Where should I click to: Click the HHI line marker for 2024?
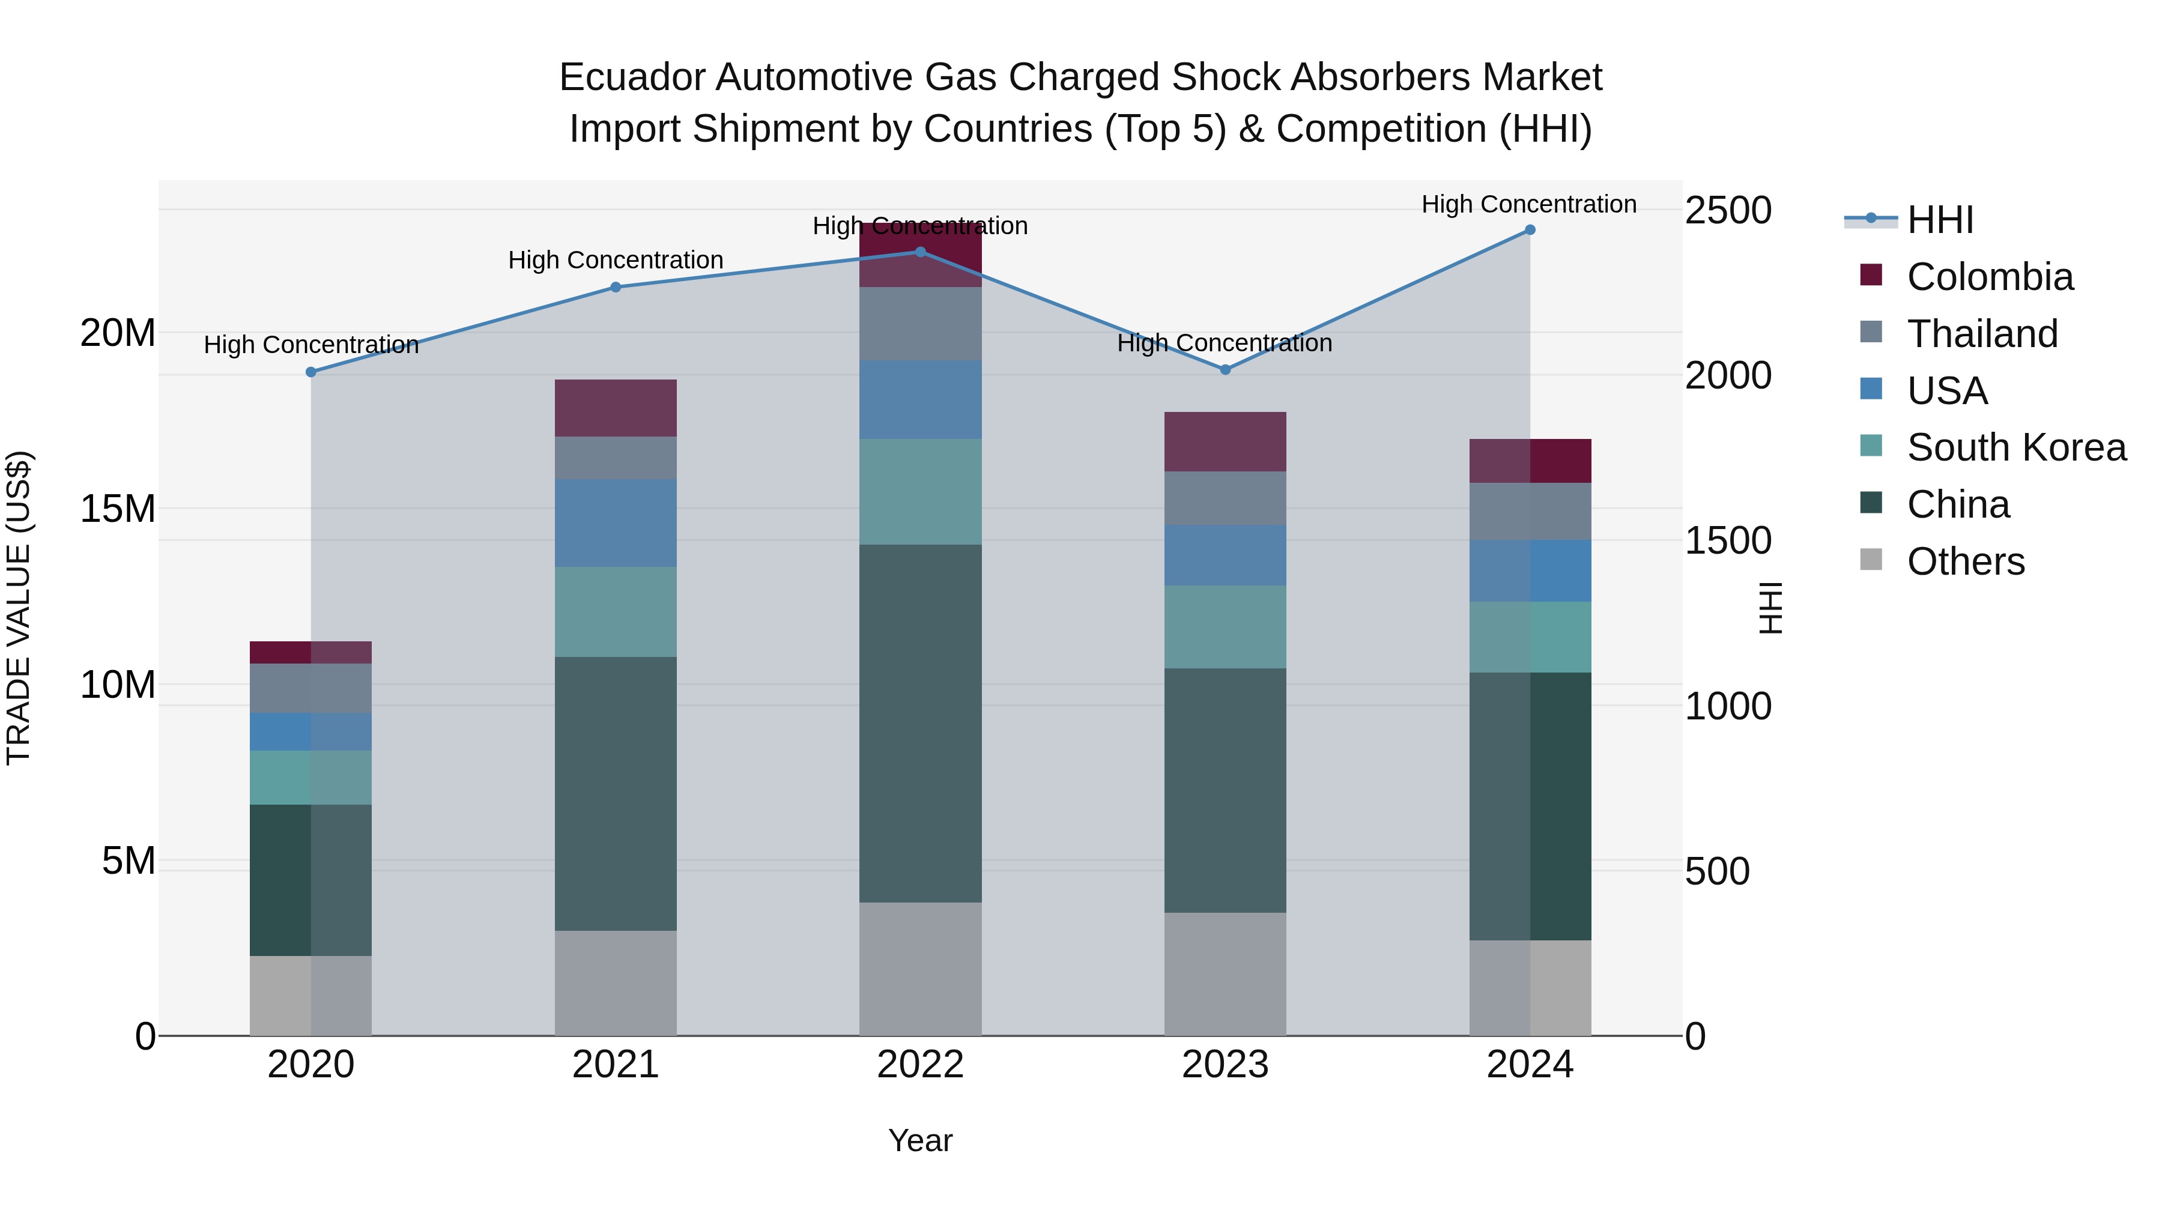pyautogui.click(x=1529, y=230)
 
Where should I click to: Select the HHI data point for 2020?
pyautogui.click(x=310, y=372)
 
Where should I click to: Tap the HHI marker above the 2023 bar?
pyautogui.click(x=1225, y=369)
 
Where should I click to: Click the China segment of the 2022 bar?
pyautogui.click(x=920, y=724)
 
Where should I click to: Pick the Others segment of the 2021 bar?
pyautogui.click(x=615, y=982)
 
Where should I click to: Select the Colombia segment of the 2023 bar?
pyautogui.click(x=1225, y=441)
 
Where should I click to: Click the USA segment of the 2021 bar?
pyautogui.click(x=615, y=523)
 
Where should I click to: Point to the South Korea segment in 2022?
pyautogui.click(x=920, y=492)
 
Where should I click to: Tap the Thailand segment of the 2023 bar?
pyautogui.click(x=1225, y=498)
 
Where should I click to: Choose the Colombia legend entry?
pyautogui.click(x=1989, y=277)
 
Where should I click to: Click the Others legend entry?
pyautogui.click(x=1965, y=561)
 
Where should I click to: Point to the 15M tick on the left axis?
pyautogui.click(x=118, y=509)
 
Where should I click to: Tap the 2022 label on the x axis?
pyautogui.click(x=920, y=1065)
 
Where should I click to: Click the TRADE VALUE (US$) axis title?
pyautogui.click(x=19, y=608)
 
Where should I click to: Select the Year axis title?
pyautogui.click(x=920, y=1140)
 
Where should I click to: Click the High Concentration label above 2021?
pyautogui.click(x=615, y=260)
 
